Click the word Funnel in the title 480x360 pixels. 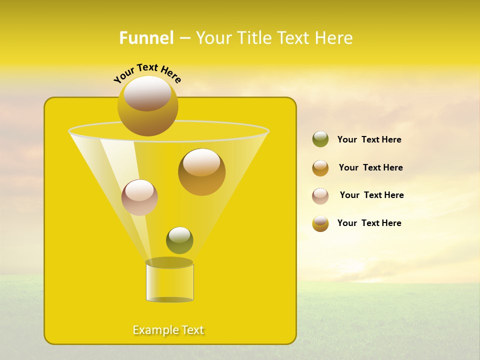146,38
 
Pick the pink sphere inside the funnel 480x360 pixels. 139,197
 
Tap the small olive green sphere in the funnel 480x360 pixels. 179,240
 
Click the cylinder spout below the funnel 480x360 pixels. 169,282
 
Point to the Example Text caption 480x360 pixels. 168,330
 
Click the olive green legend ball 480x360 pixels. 320,139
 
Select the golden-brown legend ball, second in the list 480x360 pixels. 320,167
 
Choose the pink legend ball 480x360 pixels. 320,195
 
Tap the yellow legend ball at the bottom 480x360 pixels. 320,223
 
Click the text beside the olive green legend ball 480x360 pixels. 369,140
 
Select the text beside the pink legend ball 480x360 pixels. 371,195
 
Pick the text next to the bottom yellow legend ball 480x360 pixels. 369,223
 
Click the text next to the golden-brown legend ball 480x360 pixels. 370,168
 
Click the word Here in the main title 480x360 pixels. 333,38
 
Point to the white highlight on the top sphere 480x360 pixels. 147,93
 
